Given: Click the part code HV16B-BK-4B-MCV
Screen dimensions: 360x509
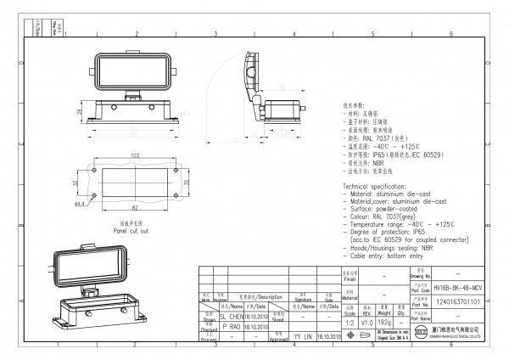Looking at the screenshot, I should pos(458,289).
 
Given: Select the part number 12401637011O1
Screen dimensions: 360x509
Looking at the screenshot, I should pos(458,301).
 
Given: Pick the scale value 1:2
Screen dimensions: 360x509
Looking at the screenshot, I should pos(349,323).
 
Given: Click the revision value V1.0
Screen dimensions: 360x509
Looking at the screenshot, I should pos(366,323).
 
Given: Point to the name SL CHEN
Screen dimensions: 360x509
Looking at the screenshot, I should pos(230,315).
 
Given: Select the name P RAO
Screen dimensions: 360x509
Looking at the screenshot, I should pos(230,325).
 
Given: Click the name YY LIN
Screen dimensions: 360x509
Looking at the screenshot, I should pos(303,336).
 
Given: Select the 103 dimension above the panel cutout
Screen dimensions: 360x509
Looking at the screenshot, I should pos(135,155).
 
